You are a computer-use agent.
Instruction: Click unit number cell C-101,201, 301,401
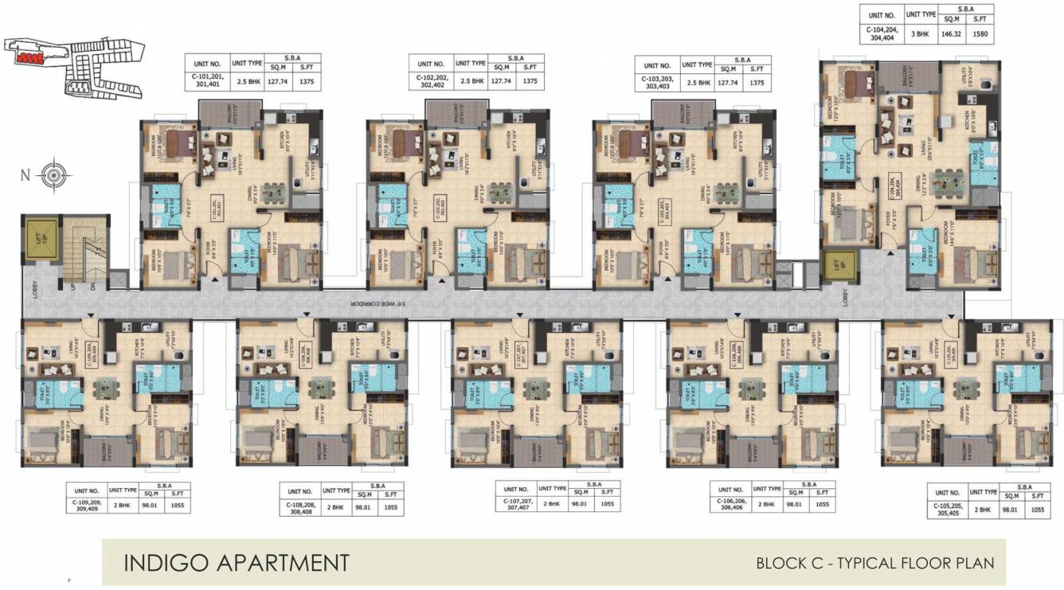point(206,80)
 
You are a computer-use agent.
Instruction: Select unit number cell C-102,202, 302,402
point(430,80)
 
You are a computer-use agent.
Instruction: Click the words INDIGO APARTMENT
point(236,562)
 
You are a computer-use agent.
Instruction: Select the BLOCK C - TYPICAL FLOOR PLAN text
point(874,563)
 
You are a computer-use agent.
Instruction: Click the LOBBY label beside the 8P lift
point(846,297)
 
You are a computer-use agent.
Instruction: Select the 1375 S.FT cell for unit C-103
point(758,80)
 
